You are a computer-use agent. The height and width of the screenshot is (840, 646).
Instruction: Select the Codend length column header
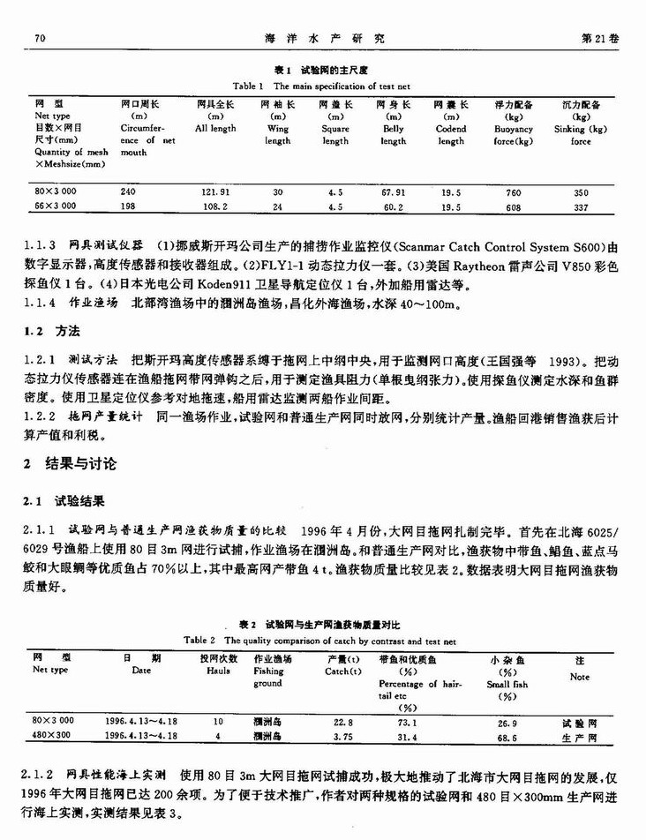[x=450, y=134]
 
